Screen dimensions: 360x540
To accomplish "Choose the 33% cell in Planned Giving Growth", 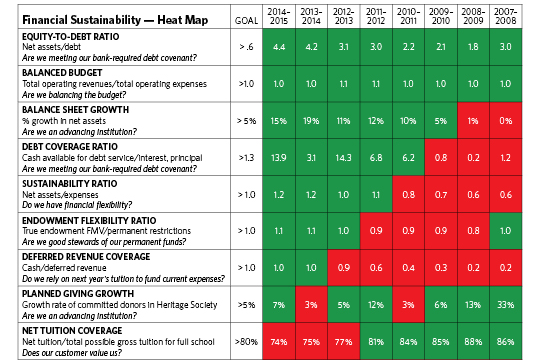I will click(509, 304).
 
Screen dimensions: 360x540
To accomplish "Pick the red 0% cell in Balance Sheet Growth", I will click(509, 121).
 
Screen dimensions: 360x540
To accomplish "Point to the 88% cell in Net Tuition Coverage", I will click(476, 340).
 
